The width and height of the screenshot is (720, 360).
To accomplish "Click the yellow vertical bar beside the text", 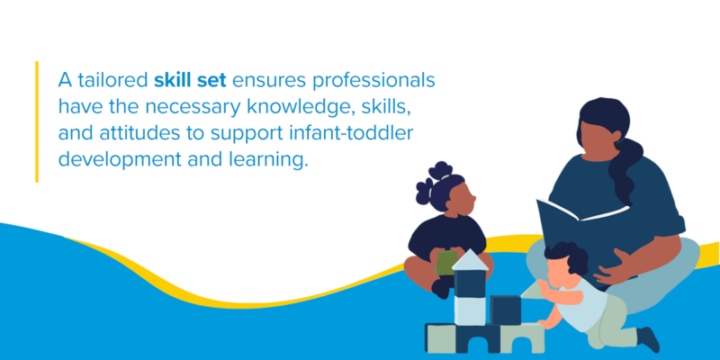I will click(37, 121).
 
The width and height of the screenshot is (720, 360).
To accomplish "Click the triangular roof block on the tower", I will click(470, 260).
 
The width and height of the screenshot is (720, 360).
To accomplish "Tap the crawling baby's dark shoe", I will click(650, 340).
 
